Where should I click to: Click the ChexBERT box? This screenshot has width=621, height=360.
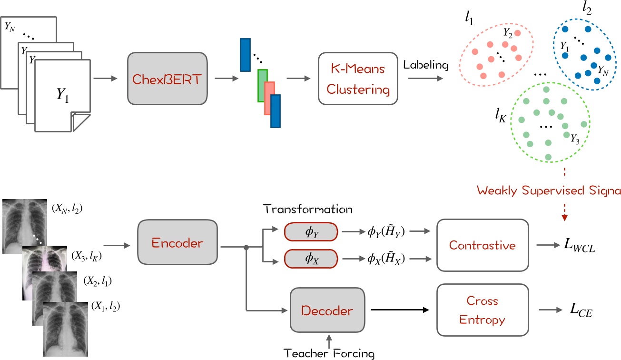click(168, 79)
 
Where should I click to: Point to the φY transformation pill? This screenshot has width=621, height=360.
click(311, 231)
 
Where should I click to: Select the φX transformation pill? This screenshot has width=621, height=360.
click(311, 259)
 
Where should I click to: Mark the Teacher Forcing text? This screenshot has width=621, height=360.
click(328, 353)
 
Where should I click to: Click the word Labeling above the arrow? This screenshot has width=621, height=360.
click(425, 64)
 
